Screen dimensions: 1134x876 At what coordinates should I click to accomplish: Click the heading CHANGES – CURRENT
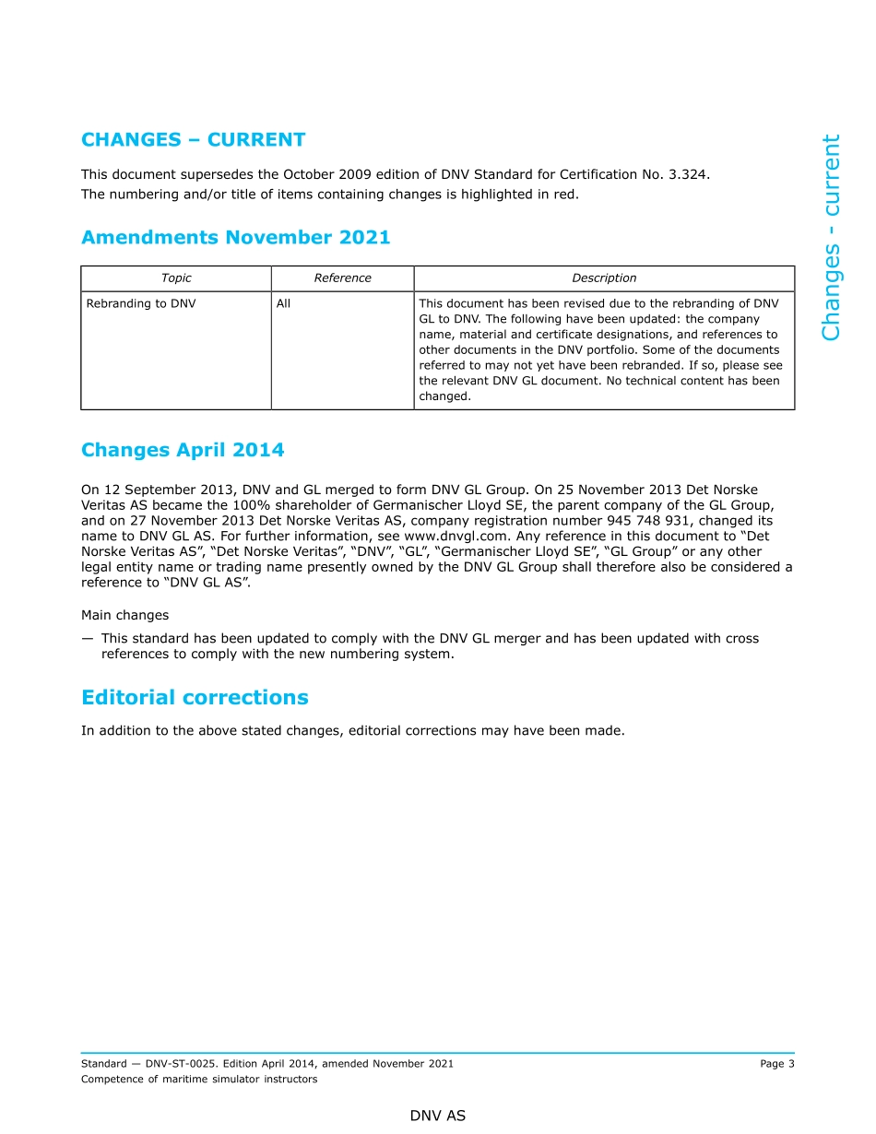193,140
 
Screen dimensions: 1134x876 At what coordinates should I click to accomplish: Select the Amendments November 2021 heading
235,238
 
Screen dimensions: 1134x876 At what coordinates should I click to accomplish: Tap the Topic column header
176,278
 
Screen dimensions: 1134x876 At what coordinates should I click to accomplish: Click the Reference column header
342,278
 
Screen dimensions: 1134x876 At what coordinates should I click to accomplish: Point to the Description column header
604,278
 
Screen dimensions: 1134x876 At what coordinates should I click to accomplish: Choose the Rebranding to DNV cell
141,303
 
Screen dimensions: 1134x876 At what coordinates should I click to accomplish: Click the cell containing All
283,303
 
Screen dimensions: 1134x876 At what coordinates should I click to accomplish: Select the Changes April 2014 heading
183,450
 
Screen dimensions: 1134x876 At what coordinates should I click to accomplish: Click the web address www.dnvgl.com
446,536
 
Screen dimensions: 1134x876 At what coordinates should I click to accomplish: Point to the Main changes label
124,615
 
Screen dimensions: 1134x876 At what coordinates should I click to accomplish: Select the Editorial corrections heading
195,697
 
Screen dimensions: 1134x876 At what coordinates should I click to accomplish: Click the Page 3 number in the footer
776,1064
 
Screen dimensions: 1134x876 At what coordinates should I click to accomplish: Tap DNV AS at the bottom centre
438,1116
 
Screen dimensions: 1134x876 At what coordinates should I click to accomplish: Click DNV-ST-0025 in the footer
180,1064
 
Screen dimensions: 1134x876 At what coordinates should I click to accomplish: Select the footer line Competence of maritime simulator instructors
199,1080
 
